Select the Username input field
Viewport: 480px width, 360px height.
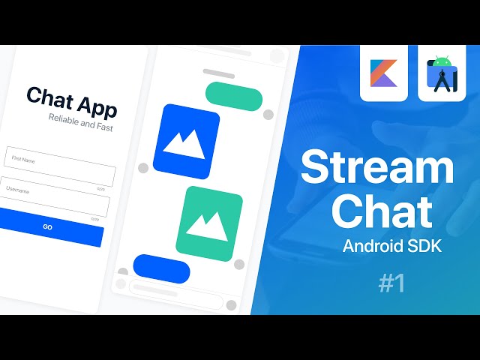click(x=54, y=196)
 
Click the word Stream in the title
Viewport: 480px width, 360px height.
click(x=377, y=167)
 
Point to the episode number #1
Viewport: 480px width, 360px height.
click(x=391, y=283)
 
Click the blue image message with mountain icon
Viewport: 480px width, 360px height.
click(x=186, y=141)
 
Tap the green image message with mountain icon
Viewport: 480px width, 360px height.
click(x=209, y=223)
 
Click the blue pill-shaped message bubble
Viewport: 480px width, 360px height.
click(x=161, y=268)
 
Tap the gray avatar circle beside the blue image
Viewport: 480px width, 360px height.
click(x=143, y=167)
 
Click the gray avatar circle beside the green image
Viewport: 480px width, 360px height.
click(x=240, y=264)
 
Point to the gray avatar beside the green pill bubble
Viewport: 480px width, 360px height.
click(x=268, y=114)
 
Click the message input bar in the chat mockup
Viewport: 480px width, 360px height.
click(x=175, y=286)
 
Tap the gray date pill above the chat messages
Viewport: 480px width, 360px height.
click(x=219, y=73)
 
